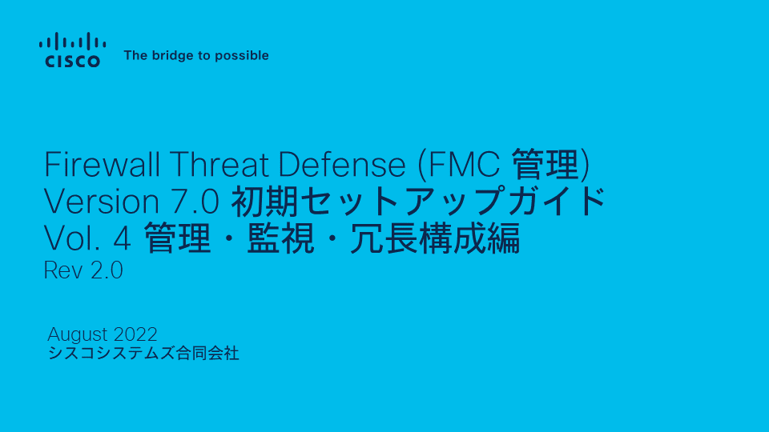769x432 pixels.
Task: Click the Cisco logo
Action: pyautogui.click(x=73, y=50)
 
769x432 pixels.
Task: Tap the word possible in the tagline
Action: pyautogui.click(x=242, y=56)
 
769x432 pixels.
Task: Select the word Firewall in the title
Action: pyautogui.click(x=102, y=164)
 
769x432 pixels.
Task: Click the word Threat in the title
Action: pyautogui.click(x=219, y=164)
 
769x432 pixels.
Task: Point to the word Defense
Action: pyautogui.click(x=342, y=164)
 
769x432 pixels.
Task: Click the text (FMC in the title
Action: pyautogui.click(x=458, y=165)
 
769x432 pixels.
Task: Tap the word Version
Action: pyautogui.click(x=102, y=202)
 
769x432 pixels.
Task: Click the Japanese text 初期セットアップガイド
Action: pyautogui.click(x=418, y=202)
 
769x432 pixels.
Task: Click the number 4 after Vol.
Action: pyautogui.click(x=122, y=238)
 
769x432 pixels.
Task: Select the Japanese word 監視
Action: pyautogui.click(x=280, y=238)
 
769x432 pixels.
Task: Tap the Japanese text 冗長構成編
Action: pyautogui.click(x=435, y=238)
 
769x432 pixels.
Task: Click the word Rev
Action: pyautogui.click(x=63, y=270)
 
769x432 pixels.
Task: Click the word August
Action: pyautogui.click(x=78, y=335)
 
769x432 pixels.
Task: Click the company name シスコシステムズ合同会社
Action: pyautogui.click(x=143, y=353)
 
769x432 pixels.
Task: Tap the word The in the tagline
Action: pyautogui.click(x=136, y=55)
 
